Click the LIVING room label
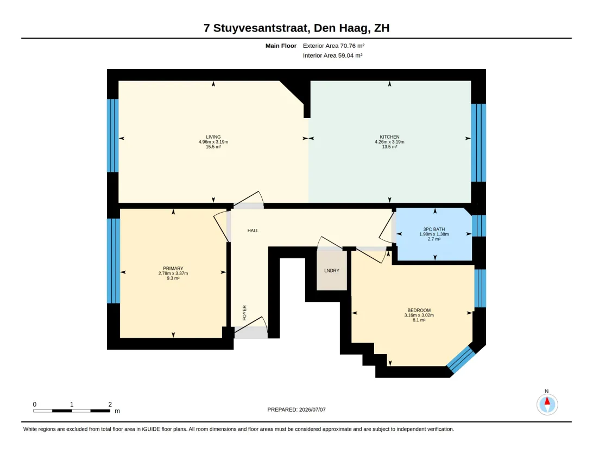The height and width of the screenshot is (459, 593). (213, 137)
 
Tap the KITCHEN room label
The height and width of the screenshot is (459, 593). (389, 137)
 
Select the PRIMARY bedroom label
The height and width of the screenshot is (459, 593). (173, 269)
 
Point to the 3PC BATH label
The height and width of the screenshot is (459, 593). (434, 230)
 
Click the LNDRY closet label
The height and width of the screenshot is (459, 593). (332, 271)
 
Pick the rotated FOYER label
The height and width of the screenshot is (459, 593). (244, 313)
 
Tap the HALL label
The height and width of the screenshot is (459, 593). (253, 231)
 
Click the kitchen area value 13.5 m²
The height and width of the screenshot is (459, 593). (389, 147)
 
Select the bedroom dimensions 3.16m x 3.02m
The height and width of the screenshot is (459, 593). (419, 315)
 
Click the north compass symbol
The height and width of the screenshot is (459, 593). (547, 404)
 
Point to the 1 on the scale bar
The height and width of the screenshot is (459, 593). (72, 405)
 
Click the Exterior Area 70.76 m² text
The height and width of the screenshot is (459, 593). (333, 46)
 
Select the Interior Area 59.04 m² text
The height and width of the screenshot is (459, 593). (333, 55)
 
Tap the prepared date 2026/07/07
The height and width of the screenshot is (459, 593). (312, 410)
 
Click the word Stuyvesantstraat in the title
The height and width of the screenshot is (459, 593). (262, 28)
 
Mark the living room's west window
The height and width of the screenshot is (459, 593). (113, 135)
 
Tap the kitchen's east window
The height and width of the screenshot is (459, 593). (478, 143)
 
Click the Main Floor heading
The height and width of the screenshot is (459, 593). (281, 46)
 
